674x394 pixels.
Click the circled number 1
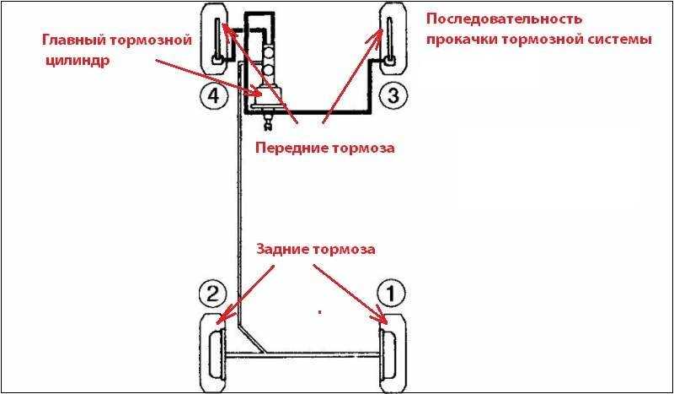click(x=391, y=294)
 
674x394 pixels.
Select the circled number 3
click(x=393, y=95)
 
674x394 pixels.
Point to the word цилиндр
click(x=78, y=59)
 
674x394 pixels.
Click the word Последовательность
click(x=505, y=19)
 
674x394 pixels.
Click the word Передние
click(x=291, y=148)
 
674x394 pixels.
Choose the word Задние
click(x=282, y=250)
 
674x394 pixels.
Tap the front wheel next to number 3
click(x=393, y=40)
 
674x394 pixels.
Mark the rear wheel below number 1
click(x=393, y=352)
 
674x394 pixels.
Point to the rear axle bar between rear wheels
click(x=303, y=355)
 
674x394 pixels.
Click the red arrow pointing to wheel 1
click(x=350, y=294)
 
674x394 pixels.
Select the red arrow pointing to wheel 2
click(x=245, y=294)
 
